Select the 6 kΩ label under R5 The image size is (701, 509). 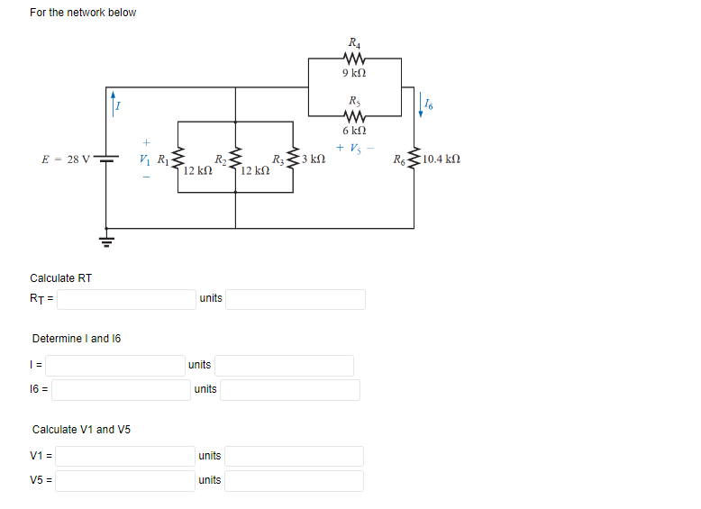[354, 131]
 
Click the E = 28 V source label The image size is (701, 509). [66, 160]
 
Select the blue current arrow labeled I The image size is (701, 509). [113, 100]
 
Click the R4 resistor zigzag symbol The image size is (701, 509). [354, 59]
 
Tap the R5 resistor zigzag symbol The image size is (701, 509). [354, 116]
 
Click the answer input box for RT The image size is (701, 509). [126, 298]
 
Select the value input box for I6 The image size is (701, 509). [121, 389]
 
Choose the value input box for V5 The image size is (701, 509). [126, 480]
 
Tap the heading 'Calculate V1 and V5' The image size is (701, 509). [81, 430]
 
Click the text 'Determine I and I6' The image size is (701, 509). [77, 339]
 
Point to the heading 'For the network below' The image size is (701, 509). [83, 13]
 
